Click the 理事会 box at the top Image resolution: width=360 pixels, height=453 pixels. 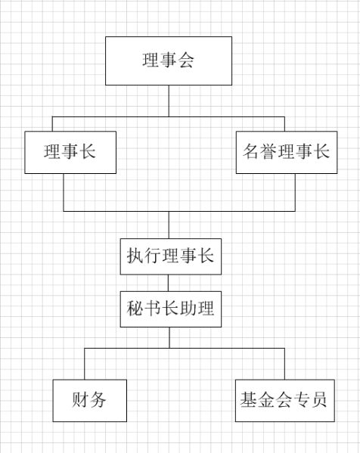(x=169, y=61)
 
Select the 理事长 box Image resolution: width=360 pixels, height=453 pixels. (x=70, y=152)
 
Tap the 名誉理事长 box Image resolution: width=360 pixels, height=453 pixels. (x=287, y=152)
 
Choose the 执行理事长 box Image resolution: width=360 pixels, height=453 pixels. (x=170, y=256)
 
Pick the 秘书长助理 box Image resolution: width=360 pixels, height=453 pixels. (x=170, y=309)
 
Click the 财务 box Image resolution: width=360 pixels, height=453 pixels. (x=89, y=400)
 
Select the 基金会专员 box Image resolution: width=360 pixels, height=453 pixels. (x=284, y=400)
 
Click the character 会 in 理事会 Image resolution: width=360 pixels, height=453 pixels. (x=185, y=61)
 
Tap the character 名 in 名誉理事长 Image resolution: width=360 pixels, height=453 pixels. (x=251, y=151)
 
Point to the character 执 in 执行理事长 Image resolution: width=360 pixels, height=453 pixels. (x=135, y=256)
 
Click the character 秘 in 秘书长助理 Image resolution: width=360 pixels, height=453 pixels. (x=135, y=309)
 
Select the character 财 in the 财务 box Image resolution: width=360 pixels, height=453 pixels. (x=80, y=400)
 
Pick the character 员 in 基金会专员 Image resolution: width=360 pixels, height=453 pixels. (x=318, y=400)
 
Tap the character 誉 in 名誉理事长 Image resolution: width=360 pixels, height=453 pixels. (x=268, y=151)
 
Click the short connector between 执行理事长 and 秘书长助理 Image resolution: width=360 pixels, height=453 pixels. (x=168, y=283)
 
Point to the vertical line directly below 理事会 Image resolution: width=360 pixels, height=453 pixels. (x=169, y=101)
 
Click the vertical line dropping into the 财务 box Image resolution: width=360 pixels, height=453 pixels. (x=85, y=364)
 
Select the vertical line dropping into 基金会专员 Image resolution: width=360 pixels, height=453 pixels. (x=284, y=364)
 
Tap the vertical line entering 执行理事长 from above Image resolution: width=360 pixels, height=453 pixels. (x=169, y=225)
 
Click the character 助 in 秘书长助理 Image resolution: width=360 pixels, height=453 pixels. (x=188, y=309)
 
